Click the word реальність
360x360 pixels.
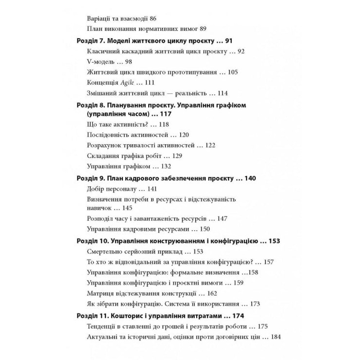(187, 93)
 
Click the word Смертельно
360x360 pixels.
(104, 252)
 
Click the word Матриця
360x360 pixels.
(99, 293)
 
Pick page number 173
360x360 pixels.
(254, 303)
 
